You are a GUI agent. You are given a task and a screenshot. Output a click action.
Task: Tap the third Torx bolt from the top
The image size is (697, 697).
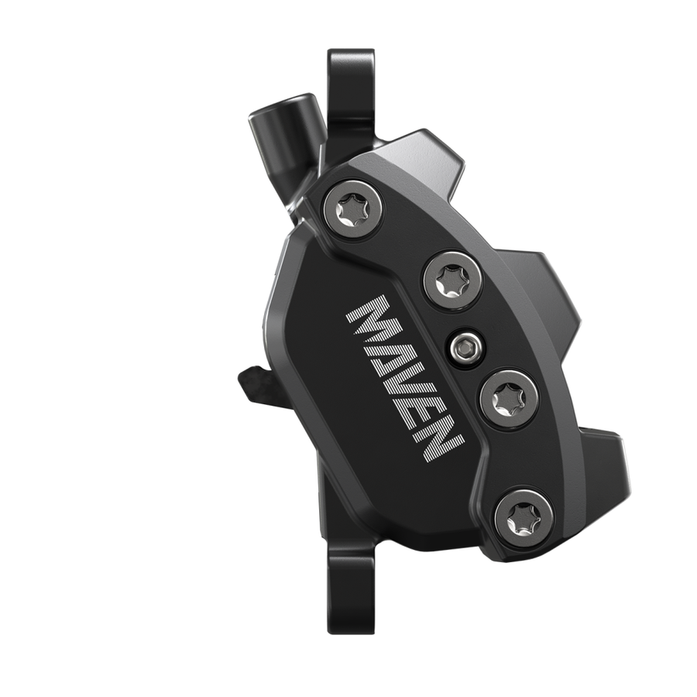click(x=507, y=399)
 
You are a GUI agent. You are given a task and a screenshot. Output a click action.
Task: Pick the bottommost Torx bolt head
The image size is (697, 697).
click(x=524, y=515)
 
